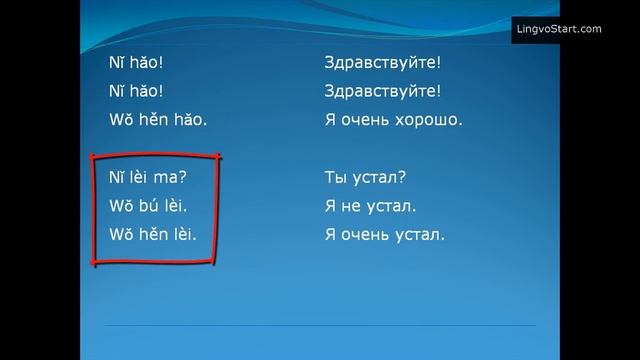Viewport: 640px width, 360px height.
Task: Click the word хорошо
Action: point(427,120)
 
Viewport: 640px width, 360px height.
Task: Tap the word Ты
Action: point(337,178)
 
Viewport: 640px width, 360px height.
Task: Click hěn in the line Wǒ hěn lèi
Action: point(151,236)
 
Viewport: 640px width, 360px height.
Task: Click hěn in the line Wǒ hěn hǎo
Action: point(151,120)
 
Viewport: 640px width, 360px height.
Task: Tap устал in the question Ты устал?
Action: point(382,178)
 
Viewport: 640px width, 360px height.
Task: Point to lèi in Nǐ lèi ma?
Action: point(137,178)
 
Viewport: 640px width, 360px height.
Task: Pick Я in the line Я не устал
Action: point(331,207)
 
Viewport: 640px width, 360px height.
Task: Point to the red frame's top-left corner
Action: point(93,156)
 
